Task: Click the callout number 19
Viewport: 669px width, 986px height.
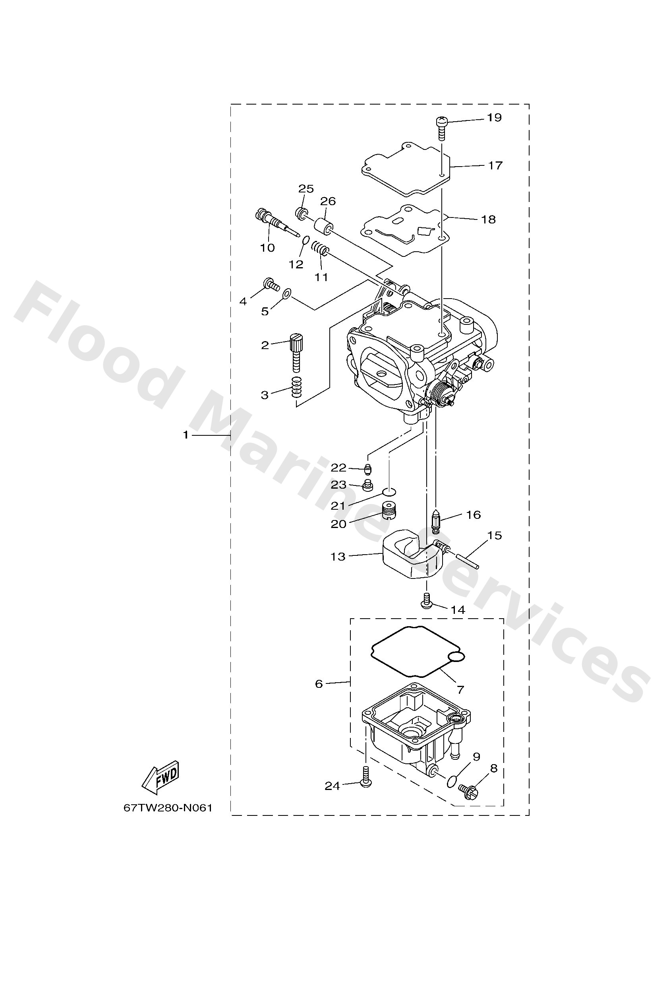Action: (x=494, y=117)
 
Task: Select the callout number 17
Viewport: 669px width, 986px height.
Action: (x=495, y=165)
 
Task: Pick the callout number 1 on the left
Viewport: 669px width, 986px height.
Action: (x=185, y=435)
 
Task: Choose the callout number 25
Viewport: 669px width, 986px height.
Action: (x=306, y=189)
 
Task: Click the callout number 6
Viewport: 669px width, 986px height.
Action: (x=319, y=683)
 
